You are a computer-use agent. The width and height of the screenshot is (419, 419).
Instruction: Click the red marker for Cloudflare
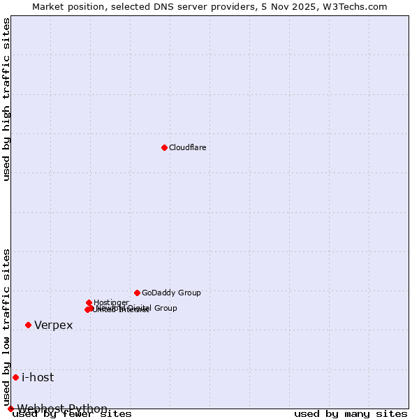(x=164, y=147)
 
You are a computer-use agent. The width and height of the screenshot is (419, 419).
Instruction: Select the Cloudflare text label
(x=187, y=147)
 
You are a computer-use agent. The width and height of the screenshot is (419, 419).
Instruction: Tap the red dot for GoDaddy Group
(x=137, y=293)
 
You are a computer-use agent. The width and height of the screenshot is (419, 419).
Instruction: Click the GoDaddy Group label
(x=171, y=293)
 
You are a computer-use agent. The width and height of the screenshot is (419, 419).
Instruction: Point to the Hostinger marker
(x=89, y=302)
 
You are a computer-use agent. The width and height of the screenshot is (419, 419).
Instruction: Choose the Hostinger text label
(x=111, y=302)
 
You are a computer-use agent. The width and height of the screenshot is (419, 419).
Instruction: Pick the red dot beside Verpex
(x=28, y=325)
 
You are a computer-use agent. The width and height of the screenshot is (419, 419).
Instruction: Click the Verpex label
(x=53, y=325)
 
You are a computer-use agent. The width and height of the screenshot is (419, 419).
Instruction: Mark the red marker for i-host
(x=15, y=377)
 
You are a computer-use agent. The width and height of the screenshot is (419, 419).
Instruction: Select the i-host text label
(x=38, y=378)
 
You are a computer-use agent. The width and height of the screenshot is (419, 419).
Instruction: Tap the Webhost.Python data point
(x=10, y=409)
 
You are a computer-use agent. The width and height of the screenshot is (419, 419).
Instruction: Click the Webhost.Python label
(x=62, y=409)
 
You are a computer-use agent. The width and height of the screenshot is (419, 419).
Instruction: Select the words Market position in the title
(x=65, y=7)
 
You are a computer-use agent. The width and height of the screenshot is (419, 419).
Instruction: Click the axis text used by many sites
(x=351, y=414)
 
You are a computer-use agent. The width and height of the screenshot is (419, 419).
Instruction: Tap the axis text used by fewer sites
(x=73, y=414)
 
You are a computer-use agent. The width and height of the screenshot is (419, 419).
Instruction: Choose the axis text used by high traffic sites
(x=7, y=100)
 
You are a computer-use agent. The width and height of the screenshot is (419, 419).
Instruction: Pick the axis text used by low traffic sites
(x=7, y=327)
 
